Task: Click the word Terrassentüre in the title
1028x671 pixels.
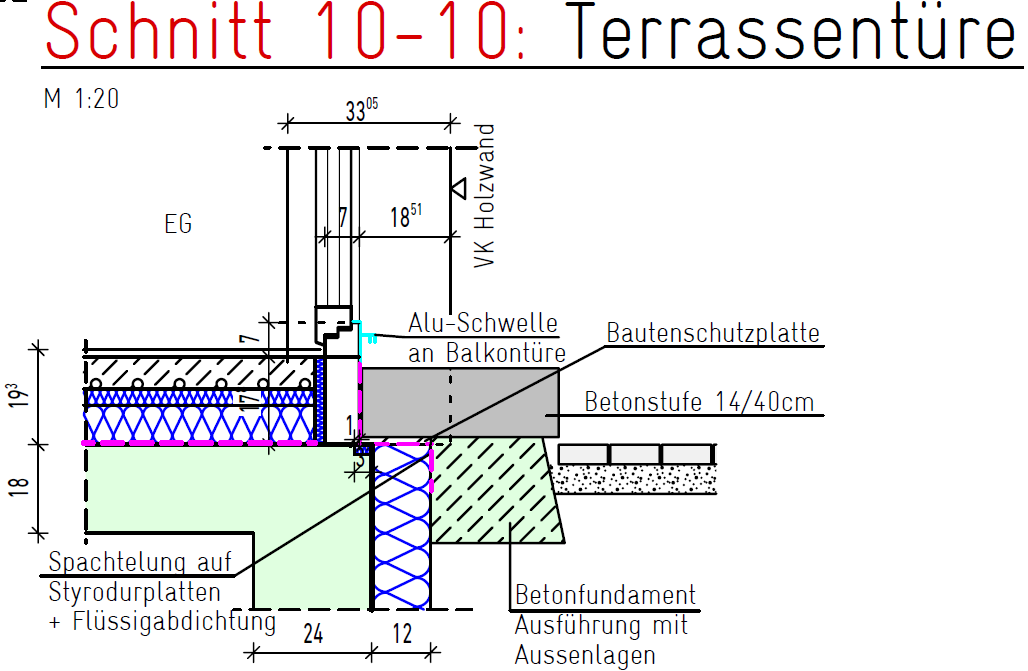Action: pyautogui.click(x=796, y=33)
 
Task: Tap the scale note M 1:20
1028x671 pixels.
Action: pyautogui.click(x=83, y=99)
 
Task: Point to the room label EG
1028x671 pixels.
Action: pyautogui.click(x=178, y=224)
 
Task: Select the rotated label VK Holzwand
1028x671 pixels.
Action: pyautogui.click(x=485, y=196)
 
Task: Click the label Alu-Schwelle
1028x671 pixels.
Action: pyautogui.click(x=482, y=323)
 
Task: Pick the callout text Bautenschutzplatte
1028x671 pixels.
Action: pyautogui.click(x=713, y=333)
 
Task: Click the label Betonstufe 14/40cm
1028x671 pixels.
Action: pyautogui.click(x=699, y=404)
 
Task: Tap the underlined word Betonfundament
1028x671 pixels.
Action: pyautogui.click(x=605, y=597)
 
